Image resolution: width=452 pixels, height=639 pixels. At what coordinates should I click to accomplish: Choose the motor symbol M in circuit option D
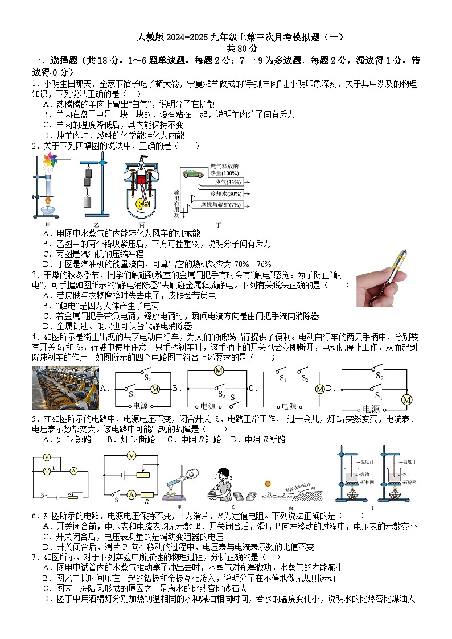406,400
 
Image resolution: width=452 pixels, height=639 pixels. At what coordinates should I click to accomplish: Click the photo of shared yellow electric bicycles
65,388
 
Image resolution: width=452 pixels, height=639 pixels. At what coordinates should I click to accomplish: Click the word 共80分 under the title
226,48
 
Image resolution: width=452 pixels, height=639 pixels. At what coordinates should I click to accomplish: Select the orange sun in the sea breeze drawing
267,483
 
